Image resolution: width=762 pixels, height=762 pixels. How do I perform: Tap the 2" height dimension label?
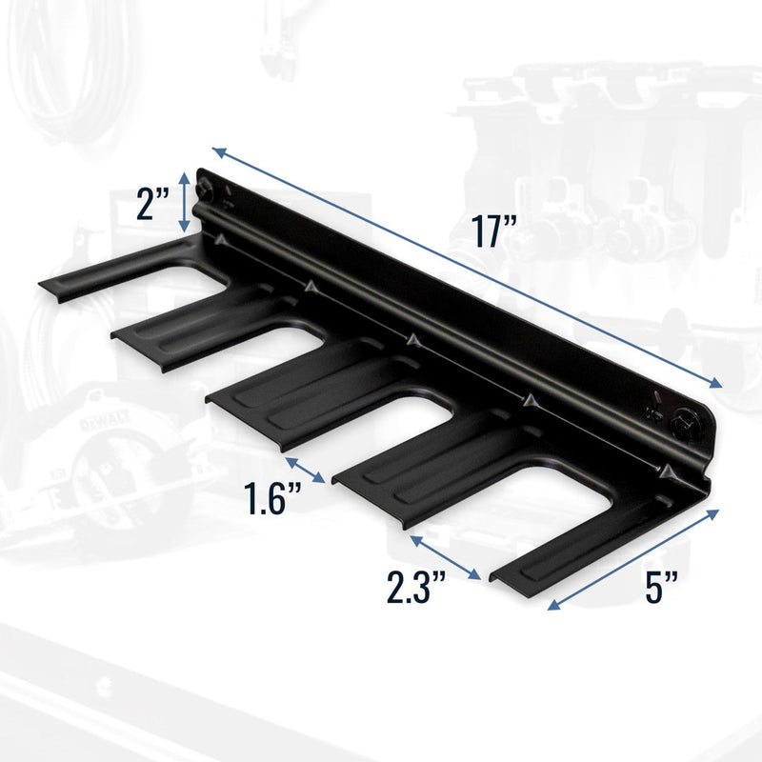[152, 205]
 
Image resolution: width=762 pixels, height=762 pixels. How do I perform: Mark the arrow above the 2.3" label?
[445, 555]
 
